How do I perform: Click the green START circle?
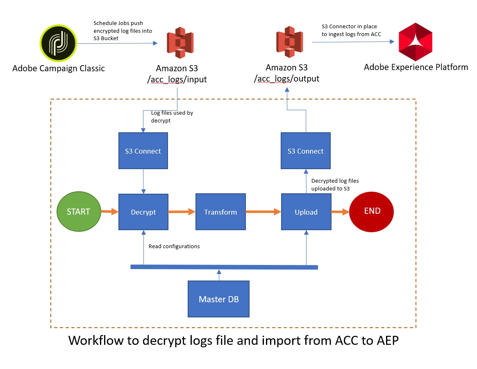click(78, 212)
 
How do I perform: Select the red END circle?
click(372, 212)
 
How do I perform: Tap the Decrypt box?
click(143, 212)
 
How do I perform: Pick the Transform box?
click(220, 212)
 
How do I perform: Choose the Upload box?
click(306, 212)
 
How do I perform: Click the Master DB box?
click(218, 299)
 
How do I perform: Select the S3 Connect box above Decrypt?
click(143, 151)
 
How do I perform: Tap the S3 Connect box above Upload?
click(306, 151)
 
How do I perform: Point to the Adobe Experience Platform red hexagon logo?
click(416, 42)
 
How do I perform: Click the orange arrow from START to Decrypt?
click(109, 212)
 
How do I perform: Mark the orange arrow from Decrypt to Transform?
click(182, 212)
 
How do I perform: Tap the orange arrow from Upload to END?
click(340, 212)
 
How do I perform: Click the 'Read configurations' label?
click(174, 246)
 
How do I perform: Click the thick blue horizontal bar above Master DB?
click(224, 267)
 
